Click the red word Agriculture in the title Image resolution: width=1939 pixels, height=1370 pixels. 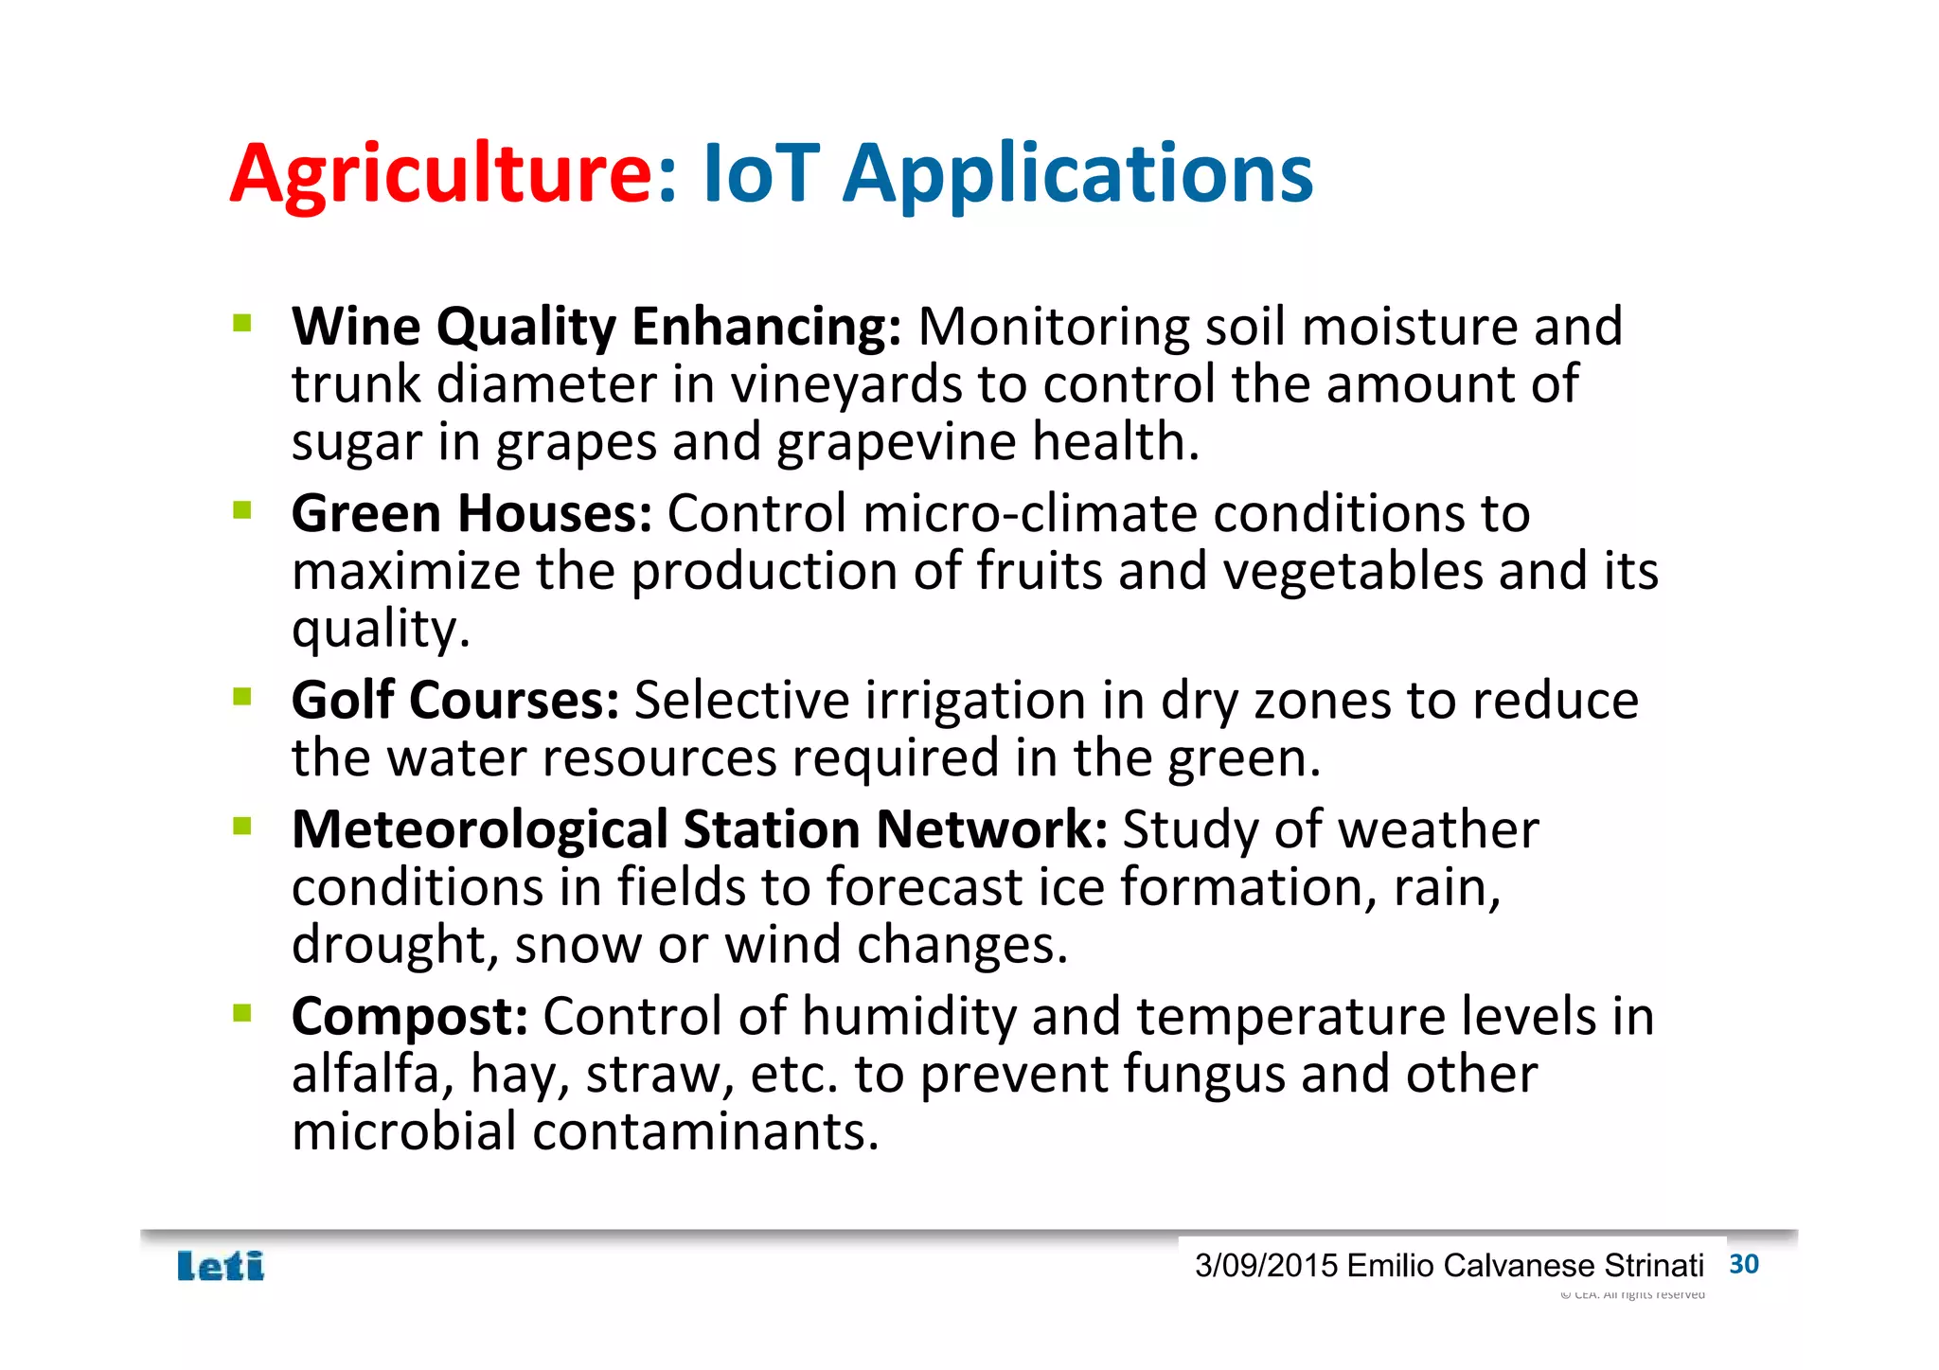pos(441,175)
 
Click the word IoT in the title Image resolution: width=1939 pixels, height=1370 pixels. pos(760,175)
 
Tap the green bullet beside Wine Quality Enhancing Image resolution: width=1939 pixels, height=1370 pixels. pos(242,324)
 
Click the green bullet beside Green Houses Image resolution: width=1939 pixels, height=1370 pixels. pos(242,511)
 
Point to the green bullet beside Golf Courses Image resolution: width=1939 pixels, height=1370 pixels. pos(242,698)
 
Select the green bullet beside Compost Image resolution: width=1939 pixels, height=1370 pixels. pos(242,1014)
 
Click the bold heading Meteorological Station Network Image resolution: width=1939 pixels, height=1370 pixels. pos(699,830)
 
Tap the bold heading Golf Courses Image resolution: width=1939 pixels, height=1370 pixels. pos(454,701)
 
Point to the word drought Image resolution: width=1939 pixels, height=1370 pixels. pos(393,946)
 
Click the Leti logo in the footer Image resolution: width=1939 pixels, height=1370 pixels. pos(221,1266)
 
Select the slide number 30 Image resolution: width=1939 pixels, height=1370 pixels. pos(1743,1265)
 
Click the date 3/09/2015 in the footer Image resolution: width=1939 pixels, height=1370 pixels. pos(1266,1266)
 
